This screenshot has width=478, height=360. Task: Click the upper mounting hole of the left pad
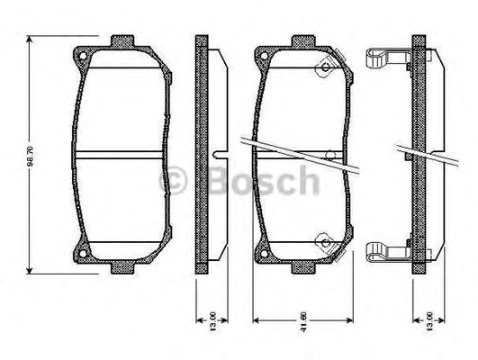coord(85,60)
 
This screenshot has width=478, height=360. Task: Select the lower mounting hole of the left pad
coord(85,251)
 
